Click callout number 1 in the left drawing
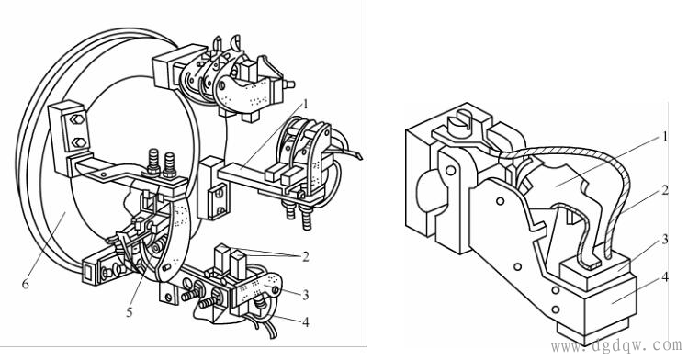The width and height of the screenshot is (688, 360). tap(305, 105)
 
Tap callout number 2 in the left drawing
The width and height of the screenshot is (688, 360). tap(305, 256)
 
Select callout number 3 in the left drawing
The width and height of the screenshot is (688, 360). tap(306, 295)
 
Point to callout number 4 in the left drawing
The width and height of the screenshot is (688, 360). tap(305, 322)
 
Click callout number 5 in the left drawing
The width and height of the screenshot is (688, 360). tap(130, 312)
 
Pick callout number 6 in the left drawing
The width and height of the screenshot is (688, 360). tap(26, 284)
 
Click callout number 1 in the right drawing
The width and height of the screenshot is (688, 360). tap(664, 137)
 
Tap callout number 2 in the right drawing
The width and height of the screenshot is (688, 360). tap(664, 190)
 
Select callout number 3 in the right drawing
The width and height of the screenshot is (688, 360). tap(665, 240)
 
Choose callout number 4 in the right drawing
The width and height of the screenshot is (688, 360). tap(665, 277)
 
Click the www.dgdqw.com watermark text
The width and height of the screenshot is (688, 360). tap(617, 345)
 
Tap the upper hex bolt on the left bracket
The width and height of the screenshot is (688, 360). tap(76, 119)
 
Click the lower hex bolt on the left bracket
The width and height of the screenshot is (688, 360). tap(78, 142)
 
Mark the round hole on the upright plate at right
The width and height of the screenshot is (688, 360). tap(450, 170)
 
